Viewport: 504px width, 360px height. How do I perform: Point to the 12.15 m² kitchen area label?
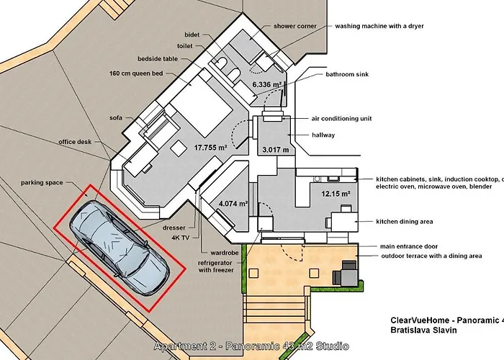(x=336, y=194)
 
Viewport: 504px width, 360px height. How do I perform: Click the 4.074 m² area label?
(x=233, y=204)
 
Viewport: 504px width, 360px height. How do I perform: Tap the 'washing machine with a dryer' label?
(x=379, y=26)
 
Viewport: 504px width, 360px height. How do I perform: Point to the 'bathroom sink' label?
(x=351, y=73)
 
